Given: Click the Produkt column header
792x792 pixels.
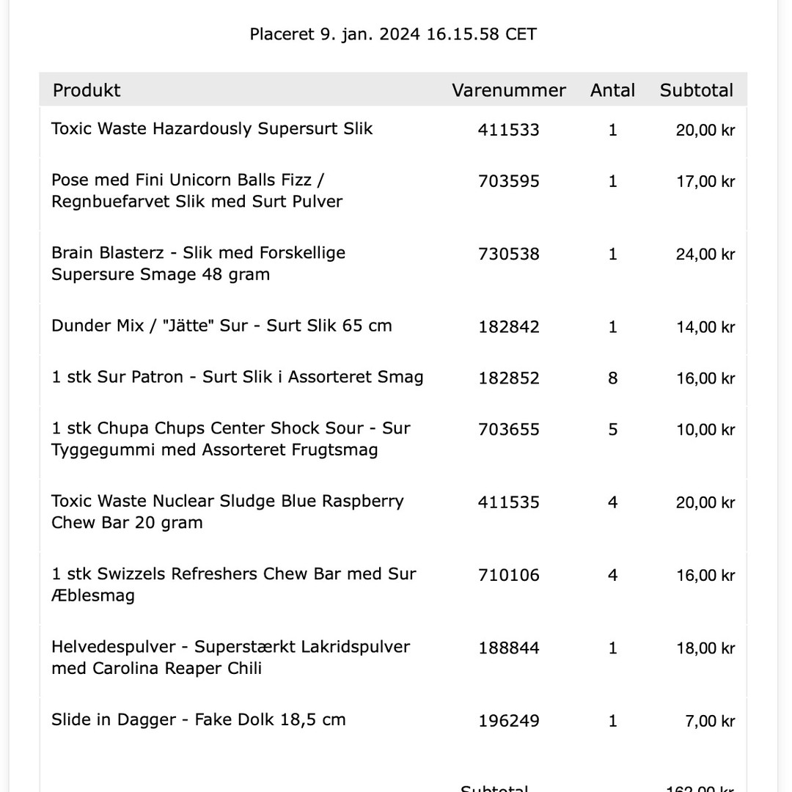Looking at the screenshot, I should click(87, 90).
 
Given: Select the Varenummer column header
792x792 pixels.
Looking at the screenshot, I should click(508, 90).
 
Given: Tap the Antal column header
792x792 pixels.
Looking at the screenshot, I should click(612, 90).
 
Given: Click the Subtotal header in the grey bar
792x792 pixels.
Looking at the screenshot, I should click(696, 90).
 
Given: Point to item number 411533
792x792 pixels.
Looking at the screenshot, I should click(508, 130).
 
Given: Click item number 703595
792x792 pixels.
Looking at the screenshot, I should click(508, 181).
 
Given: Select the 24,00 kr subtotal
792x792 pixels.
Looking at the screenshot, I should click(705, 254).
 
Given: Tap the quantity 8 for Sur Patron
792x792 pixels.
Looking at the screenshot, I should click(612, 378).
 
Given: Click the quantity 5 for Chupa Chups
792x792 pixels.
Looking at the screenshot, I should click(612, 430).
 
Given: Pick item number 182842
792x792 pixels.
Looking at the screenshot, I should click(508, 327).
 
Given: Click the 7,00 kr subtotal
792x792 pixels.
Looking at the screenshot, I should click(709, 721).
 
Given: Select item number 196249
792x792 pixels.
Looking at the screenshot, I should click(508, 721).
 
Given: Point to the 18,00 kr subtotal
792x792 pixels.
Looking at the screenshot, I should click(705, 648).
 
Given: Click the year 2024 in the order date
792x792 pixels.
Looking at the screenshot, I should click(400, 34).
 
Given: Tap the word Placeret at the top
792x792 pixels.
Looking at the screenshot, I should click(282, 34).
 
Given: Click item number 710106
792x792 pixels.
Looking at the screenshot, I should click(508, 576).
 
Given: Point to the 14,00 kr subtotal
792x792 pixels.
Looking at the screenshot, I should click(705, 327).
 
